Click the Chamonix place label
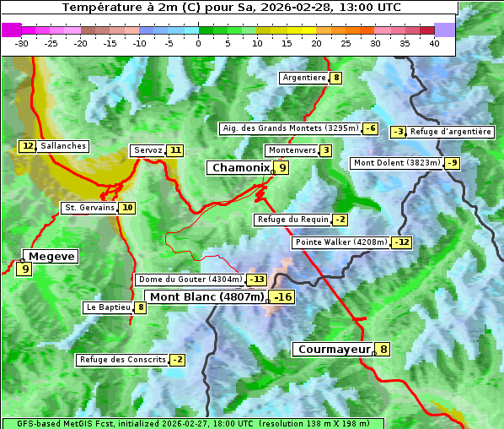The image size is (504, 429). [x=239, y=168]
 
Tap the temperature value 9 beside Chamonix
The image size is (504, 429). [x=283, y=168]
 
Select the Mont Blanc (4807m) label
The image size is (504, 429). [x=206, y=296]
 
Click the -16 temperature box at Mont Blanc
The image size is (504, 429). [x=282, y=296]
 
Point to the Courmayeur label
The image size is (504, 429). [x=334, y=349]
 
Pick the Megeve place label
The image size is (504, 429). [x=51, y=256]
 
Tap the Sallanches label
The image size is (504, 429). [x=63, y=146]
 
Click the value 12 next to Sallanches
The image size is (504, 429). [x=28, y=146]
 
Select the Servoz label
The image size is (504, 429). [x=147, y=150]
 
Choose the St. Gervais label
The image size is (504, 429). [x=88, y=208]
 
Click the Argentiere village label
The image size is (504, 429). [x=303, y=78]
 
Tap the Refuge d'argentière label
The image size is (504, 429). [x=451, y=132]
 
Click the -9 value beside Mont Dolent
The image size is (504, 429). [x=453, y=163]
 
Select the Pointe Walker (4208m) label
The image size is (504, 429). [x=340, y=242]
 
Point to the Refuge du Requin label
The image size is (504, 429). [x=292, y=220]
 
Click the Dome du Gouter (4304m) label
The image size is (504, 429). [x=190, y=280]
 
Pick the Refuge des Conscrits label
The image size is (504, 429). [x=122, y=360]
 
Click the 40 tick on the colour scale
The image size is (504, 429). [x=434, y=43]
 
